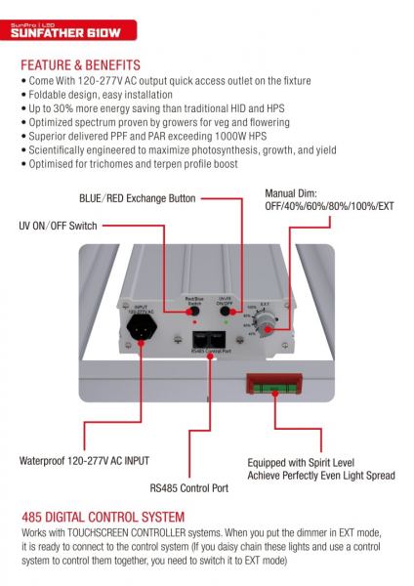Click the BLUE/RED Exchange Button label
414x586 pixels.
pyautogui.click(x=137, y=198)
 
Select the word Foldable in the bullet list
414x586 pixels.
pyautogui.click(x=50, y=96)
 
